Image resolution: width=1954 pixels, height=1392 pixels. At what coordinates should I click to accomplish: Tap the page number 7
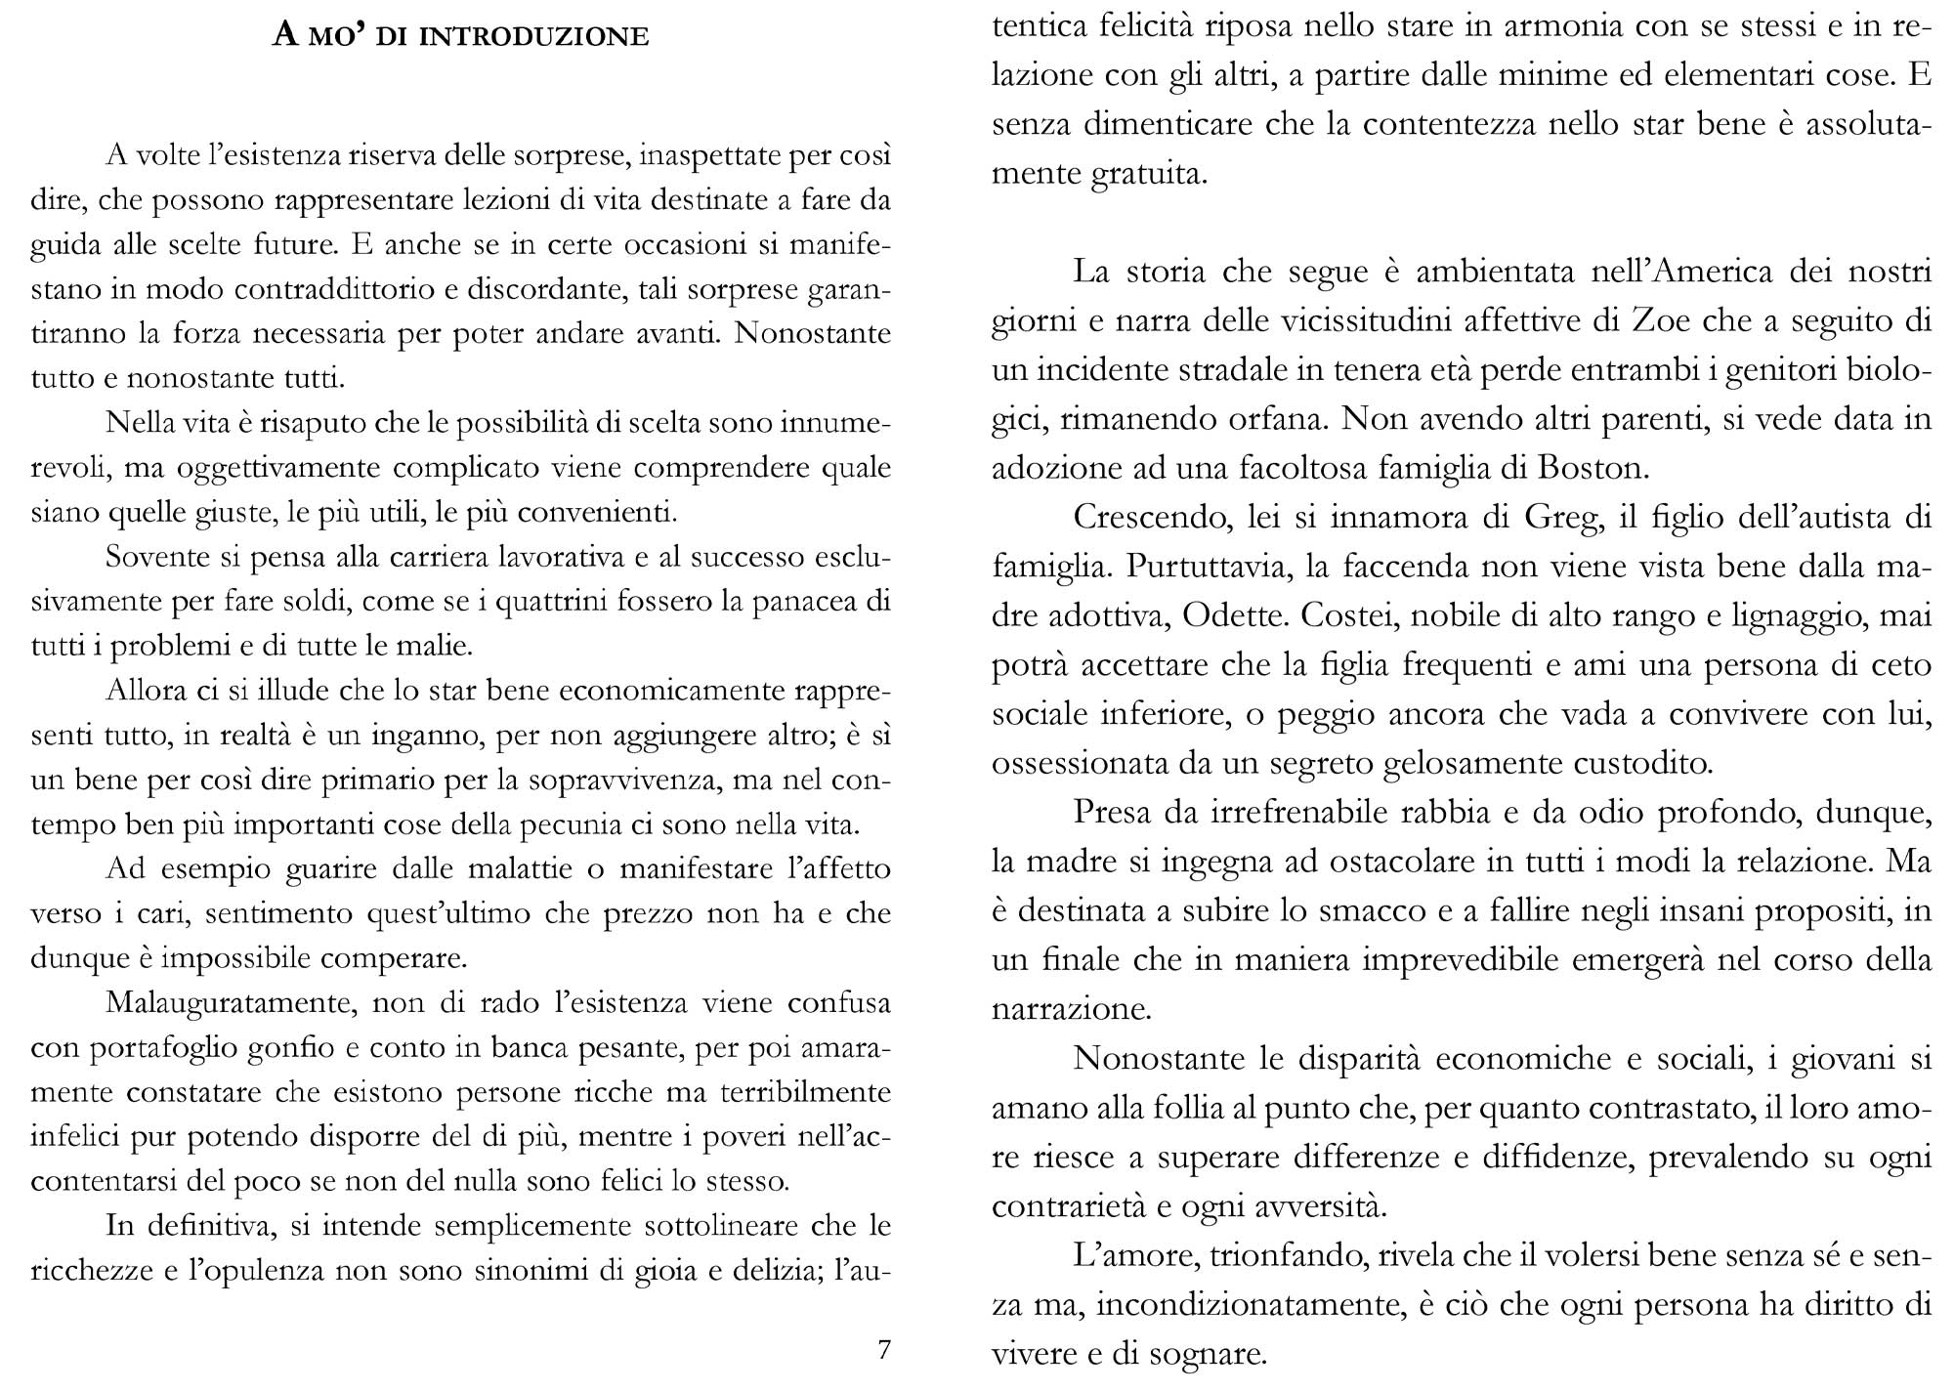coord(884,1349)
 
